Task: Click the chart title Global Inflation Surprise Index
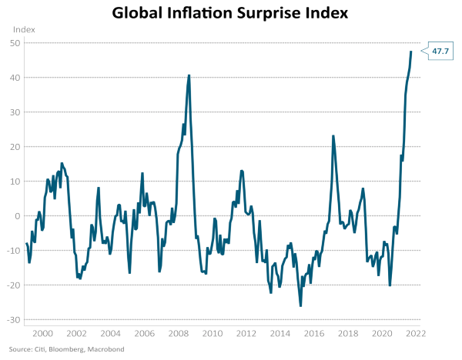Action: click(x=230, y=13)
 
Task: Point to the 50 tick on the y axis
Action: click(x=15, y=42)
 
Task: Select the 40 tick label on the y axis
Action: click(x=15, y=77)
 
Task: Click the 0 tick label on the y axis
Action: click(x=17, y=215)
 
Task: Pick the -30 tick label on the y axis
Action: click(x=13, y=319)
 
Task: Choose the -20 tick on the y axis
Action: click(x=13, y=285)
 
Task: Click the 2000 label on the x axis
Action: click(x=42, y=335)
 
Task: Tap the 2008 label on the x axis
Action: click(x=179, y=335)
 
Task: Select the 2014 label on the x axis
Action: click(x=280, y=335)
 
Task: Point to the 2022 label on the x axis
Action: click(x=417, y=335)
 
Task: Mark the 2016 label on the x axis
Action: click(x=314, y=335)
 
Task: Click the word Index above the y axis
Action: click(x=24, y=28)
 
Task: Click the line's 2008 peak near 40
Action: click(x=189, y=75)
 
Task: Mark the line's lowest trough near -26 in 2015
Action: click(x=300, y=305)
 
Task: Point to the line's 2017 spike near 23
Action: click(x=333, y=136)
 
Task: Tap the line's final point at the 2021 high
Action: click(x=411, y=52)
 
